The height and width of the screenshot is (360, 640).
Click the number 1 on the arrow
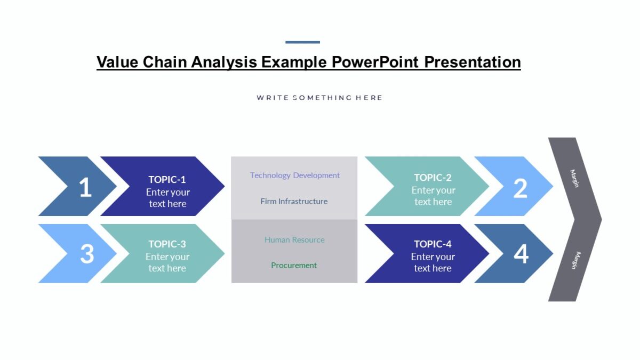(85, 188)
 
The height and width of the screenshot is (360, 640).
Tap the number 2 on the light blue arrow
(520, 188)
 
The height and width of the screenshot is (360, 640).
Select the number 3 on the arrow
(87, 254)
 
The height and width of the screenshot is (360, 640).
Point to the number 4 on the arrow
(521, 254)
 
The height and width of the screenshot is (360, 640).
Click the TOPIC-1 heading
(167, 180)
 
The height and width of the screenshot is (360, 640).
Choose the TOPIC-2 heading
(433, 178)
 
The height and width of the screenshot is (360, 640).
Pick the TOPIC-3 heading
(167, 244)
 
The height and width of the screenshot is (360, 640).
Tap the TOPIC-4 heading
(433, 244)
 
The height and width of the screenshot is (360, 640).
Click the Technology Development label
(294, 175)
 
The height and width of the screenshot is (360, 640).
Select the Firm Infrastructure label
(294, 202)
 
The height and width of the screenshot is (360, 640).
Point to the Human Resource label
(294, 240)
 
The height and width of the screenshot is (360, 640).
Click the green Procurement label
(294, 266)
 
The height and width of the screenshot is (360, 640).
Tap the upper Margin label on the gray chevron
(574, 178)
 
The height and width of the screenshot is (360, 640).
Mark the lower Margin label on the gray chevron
(574, 260)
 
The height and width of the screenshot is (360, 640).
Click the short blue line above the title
(302, 42)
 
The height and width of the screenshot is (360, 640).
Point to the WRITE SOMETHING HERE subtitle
(319, 98)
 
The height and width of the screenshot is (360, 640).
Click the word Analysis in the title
(224, 62)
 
